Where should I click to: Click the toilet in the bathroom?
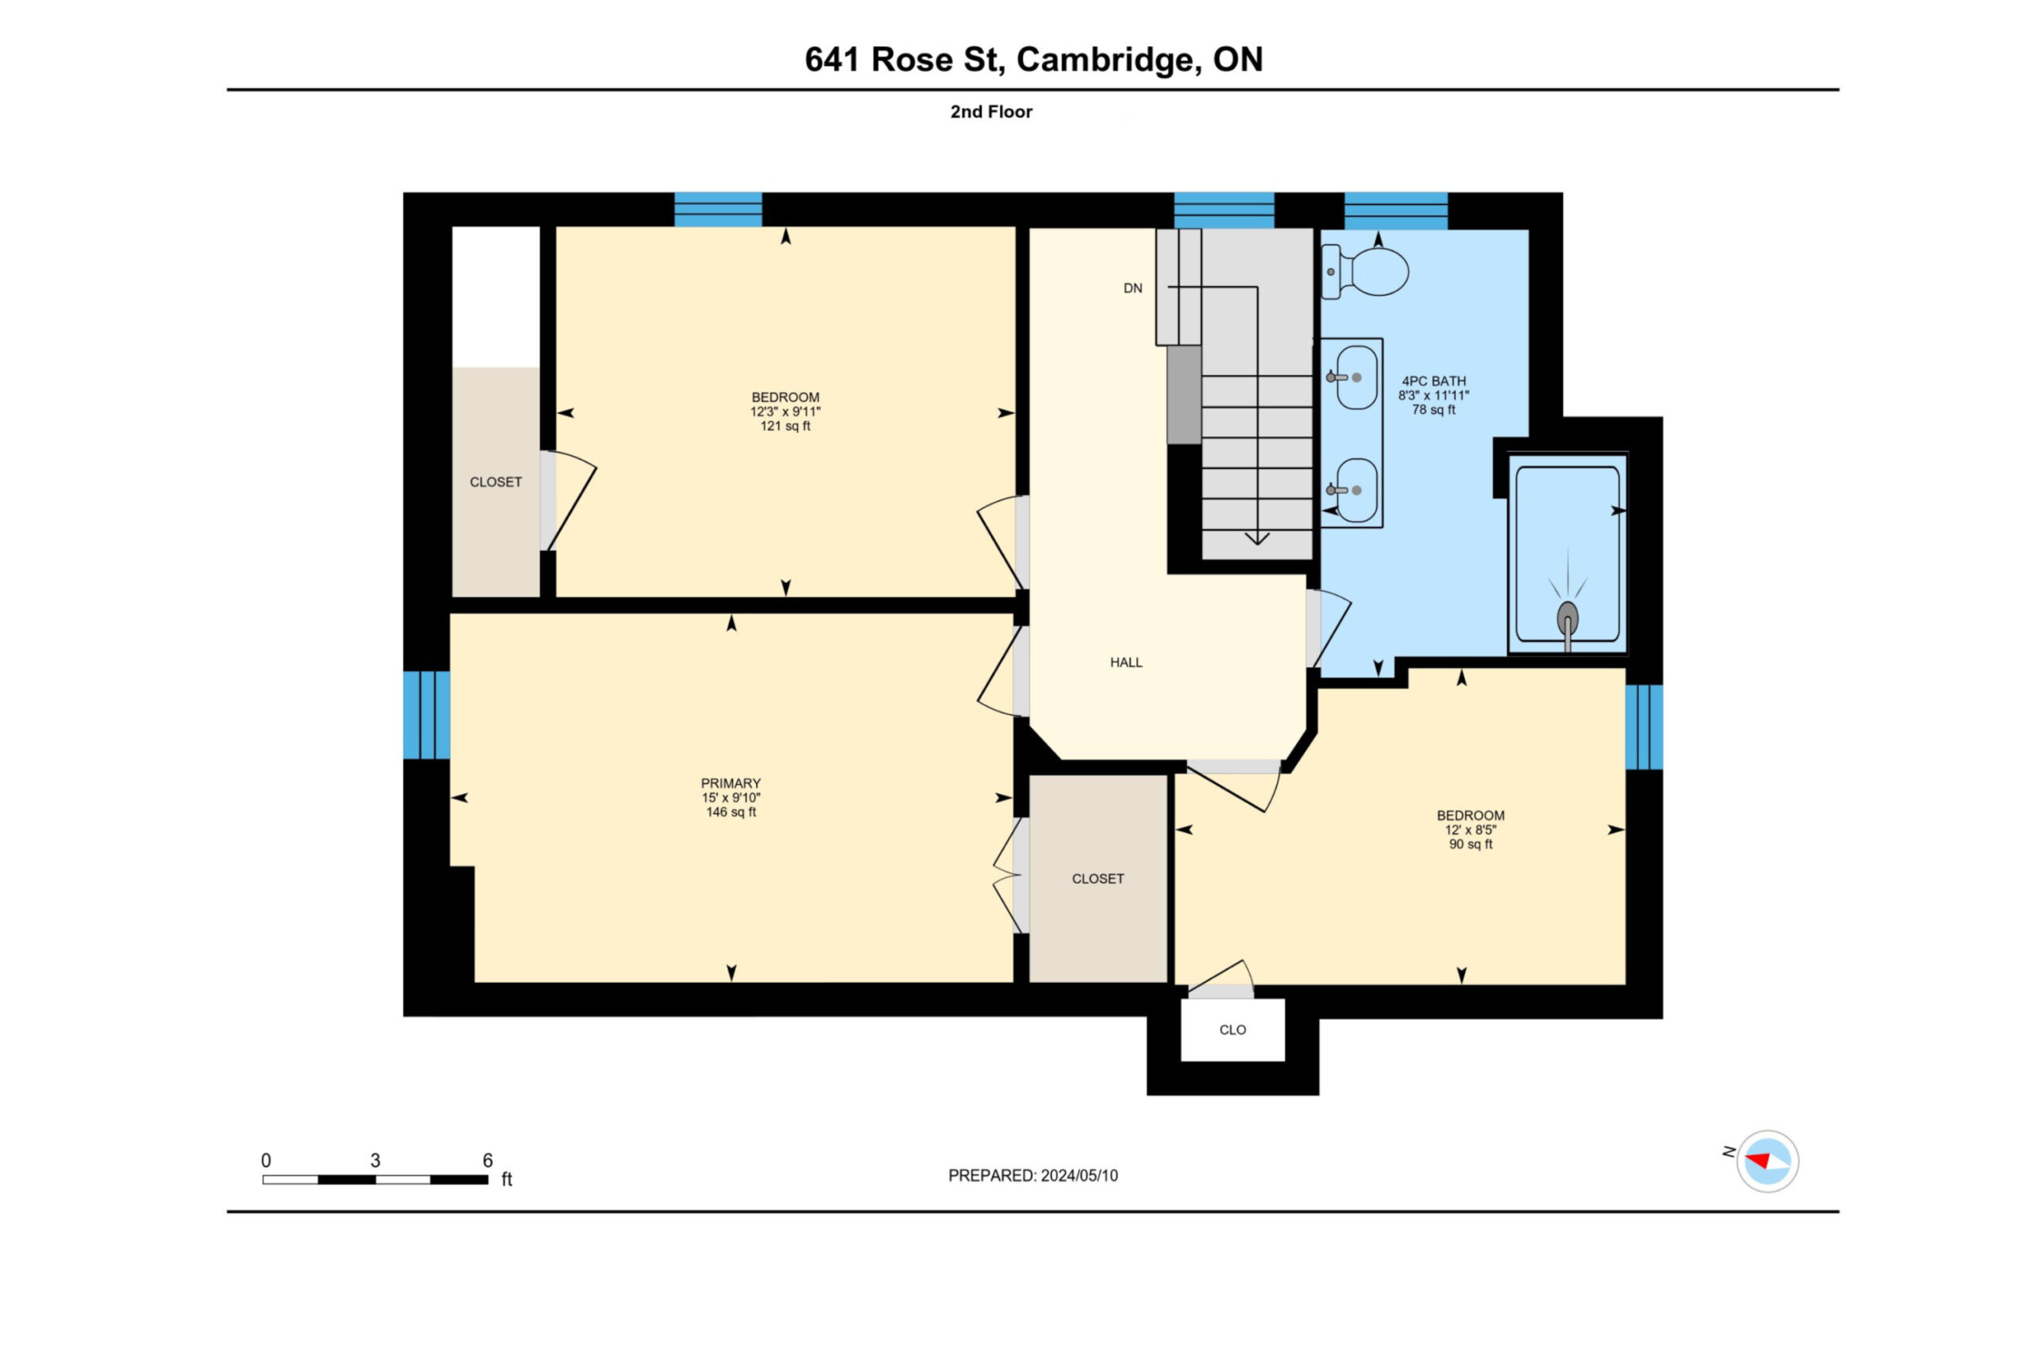coord(1364,271)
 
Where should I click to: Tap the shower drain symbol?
coord(1566,620)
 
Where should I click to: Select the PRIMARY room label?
coord(731,783)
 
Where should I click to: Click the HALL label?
coord(1125,663)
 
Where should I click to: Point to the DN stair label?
coord(1132,288)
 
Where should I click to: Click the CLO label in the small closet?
coord(1233,1030)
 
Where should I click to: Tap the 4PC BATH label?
coord(1433,381)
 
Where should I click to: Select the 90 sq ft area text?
coord(1471,844)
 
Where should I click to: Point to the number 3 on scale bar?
coord(375,1161)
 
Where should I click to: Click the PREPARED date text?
coord(1032,1175)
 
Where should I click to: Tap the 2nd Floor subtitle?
coord(991,111)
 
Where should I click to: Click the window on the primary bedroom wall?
coord(427,715)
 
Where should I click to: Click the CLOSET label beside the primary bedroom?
coord(1098,879)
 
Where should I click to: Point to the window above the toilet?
coord(1395,211)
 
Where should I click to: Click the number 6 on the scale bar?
coord(488,1161)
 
